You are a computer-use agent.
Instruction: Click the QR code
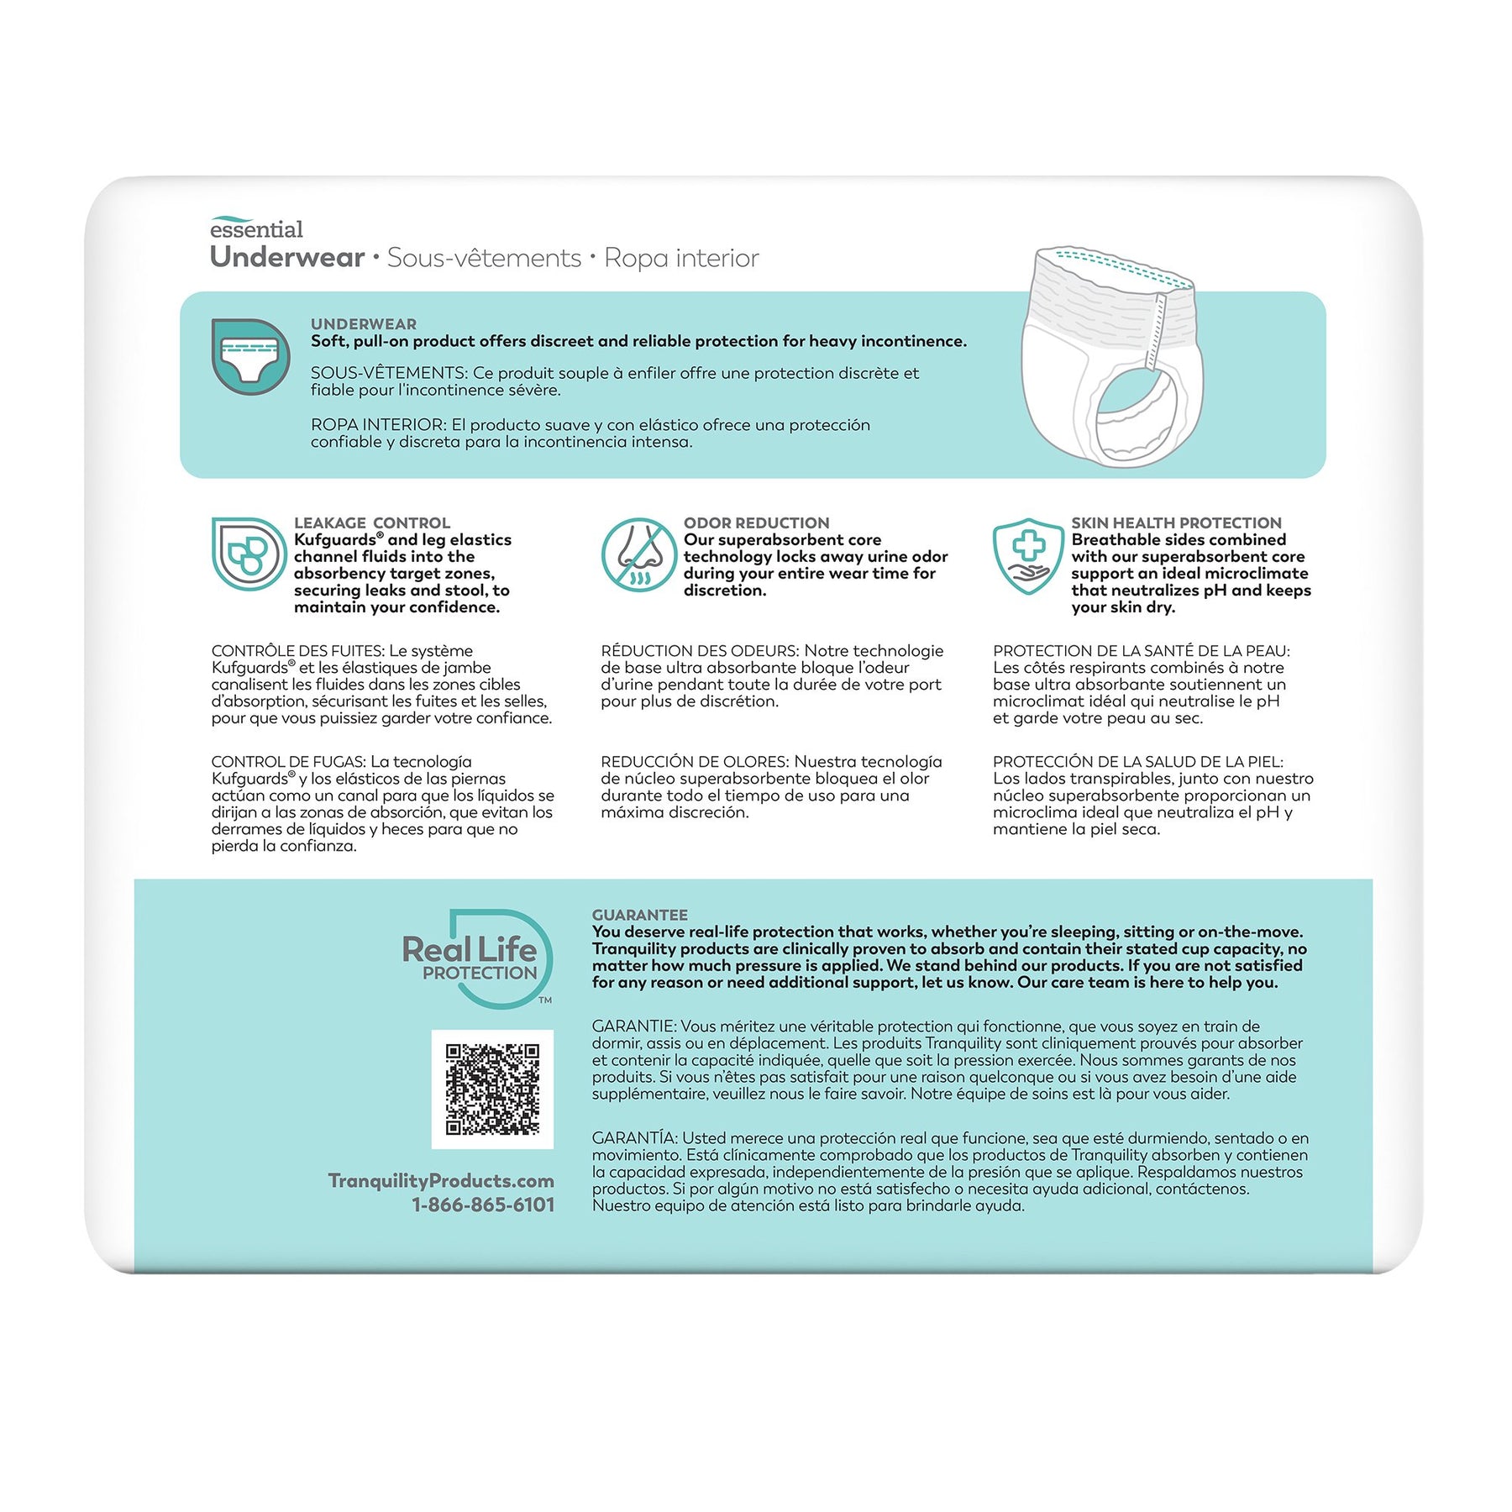[x=492, y=1089]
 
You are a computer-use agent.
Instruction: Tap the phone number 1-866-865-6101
[x=483, y=1205]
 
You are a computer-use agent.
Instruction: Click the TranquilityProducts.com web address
[x=441, y=1180]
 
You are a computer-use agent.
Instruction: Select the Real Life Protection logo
[x=475, y=958]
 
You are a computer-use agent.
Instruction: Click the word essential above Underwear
[x=256, y=229]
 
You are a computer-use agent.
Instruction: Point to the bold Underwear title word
[x=287, y=257]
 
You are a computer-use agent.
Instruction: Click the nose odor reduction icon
[x=638, y=554]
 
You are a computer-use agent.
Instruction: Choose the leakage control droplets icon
[x=249, y=554]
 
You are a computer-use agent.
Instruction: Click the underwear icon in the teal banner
[x=250, y=356]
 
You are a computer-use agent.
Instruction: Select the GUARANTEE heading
[x=639, y=915]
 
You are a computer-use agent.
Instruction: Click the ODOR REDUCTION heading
[x=756, y=522]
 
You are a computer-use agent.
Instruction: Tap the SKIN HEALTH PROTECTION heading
[x=1176, y=522]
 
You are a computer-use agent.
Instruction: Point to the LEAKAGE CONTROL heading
[x=371, y=522]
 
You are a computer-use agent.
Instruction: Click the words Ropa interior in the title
[x=681, y=258]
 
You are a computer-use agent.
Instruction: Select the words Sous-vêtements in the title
[x=484, y=258]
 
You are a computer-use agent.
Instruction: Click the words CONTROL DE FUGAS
[x=287, y=762]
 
